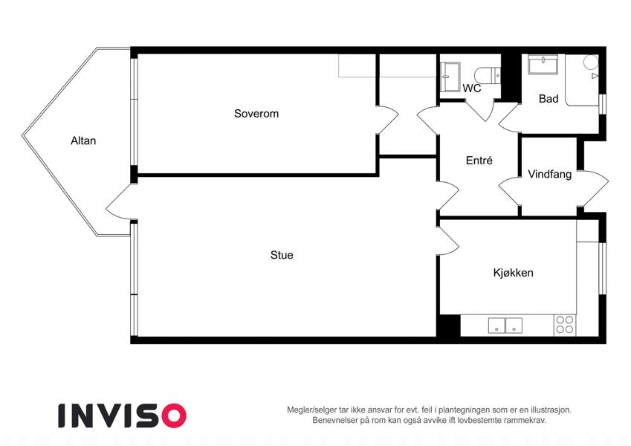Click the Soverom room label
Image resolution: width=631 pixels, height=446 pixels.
click(256, 114)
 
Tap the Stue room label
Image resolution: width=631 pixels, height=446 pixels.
click(282, 255)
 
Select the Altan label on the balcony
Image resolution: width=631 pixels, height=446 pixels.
click(83, 140)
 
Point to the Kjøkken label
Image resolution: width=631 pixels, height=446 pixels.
click(513, 273)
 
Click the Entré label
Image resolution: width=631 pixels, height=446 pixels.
click(479, 161)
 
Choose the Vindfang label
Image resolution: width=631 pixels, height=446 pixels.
click(550, 174)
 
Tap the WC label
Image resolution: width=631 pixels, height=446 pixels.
click(472, 88)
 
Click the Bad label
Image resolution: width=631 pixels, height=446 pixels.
click(549, 99)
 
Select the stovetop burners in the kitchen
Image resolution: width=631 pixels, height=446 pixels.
click(565, 325)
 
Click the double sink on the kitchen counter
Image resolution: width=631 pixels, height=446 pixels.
click(505, 326)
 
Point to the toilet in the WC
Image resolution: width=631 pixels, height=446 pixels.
click(488, 75)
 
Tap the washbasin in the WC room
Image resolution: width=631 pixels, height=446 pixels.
click(450, 77)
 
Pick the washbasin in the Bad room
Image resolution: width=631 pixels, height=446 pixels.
click(543, 65)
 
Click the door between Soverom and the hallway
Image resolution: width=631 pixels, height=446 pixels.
click(387, 120)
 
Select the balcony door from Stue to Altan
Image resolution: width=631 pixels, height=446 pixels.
click(119, 202)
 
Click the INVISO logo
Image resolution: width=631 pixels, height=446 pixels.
click(123, 416)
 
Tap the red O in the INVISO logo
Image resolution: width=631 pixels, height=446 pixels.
click(173, 416)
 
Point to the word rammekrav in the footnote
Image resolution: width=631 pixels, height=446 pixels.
click(527, 420)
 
